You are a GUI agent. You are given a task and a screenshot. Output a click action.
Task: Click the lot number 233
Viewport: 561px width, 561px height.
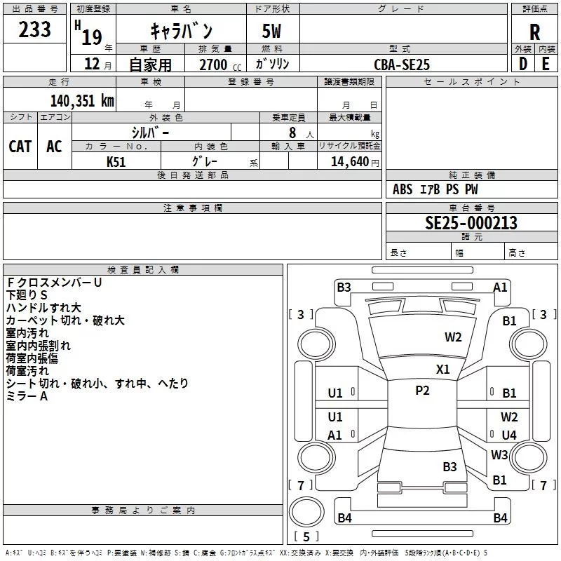pos(34,29)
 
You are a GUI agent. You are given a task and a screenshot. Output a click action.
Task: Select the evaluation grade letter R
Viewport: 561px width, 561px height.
pos(534,32)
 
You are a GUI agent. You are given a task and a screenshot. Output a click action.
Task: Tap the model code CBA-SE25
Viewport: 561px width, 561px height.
pos(402,65)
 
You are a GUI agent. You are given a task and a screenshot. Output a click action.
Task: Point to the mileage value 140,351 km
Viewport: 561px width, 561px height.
pos(82,101)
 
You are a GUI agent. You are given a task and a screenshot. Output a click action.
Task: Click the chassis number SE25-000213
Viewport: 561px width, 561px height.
pos(471,223)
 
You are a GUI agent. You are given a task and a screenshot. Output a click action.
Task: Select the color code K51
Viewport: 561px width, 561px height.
pos(116,162)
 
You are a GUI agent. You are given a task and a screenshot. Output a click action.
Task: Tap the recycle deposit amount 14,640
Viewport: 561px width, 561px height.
pos(349,161)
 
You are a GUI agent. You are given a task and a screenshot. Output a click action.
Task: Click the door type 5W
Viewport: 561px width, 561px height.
pos(271,31)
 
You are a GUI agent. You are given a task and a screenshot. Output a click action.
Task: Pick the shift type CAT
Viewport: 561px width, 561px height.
pos(20,147)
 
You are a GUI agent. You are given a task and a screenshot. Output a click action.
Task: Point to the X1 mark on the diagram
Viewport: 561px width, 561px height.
pos(442,370)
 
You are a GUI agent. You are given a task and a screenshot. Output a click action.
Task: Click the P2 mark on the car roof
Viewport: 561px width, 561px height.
pos(422,391)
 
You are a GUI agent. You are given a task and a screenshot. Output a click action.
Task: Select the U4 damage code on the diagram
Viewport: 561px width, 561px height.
pos(509,435)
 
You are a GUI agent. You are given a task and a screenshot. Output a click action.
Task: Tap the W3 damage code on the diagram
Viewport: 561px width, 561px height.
pos(499,454)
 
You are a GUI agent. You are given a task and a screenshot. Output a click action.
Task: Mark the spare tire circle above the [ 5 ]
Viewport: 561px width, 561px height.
pos(306,512)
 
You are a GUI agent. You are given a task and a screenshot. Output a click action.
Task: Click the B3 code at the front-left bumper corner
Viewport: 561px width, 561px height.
pos(344,288)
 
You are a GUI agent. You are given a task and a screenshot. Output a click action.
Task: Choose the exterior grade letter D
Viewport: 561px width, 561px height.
pos(523,64)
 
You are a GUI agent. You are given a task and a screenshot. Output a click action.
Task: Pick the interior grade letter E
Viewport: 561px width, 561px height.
pos(546,64)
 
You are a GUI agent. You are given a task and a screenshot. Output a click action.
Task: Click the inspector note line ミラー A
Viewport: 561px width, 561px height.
pos(27,396)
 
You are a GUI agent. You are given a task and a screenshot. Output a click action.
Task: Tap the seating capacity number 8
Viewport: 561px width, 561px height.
pos(292,133)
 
